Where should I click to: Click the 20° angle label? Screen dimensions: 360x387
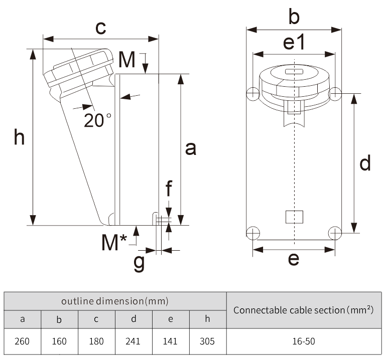click(x=97, y=120)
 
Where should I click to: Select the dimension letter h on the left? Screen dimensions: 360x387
click(x=19, y=136)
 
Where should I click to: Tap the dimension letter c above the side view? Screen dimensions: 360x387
click(x=100, y=28)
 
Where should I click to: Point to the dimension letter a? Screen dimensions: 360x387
click(x=191, y=148)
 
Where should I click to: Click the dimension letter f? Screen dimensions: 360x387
click(x=169, y=190)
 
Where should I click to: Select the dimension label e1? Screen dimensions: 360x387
click(x=294, y=43)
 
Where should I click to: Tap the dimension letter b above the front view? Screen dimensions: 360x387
click(x=294, y=18)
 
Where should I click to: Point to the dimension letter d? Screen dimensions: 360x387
click(x=365, y=163)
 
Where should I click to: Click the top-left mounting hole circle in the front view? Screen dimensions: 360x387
click(x=253, y=93)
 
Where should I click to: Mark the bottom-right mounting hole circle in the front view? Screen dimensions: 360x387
click(x=335, y=232)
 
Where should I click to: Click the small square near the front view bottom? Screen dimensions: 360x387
click(x=294, y=217)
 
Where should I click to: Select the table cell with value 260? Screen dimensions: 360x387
click(x=22, y=341)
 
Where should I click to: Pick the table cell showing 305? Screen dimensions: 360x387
click(x=207, y=341)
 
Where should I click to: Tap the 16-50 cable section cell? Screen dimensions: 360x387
click(x=303, y=341)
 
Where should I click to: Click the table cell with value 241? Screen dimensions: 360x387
click(x=133, y=341)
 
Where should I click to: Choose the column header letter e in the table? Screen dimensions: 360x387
click(x=170, y=319)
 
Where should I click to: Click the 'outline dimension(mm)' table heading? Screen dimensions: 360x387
click(x=114, y=301)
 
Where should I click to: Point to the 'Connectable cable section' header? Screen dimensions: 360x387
click(x=303, y=310)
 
